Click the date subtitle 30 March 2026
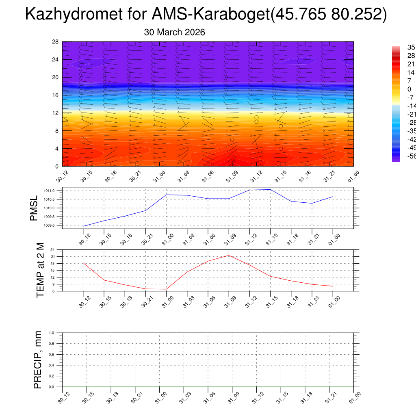coord(174,32)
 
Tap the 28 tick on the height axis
coord(56,41)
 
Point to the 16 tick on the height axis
coord(56,95)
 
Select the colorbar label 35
coord(411,48)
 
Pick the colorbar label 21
coord(411,64)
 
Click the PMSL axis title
coord(33,208)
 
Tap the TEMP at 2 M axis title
coord(40,270)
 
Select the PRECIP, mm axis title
coord(38,360)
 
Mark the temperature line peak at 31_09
coord(229,255)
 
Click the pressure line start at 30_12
coord(83,226)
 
